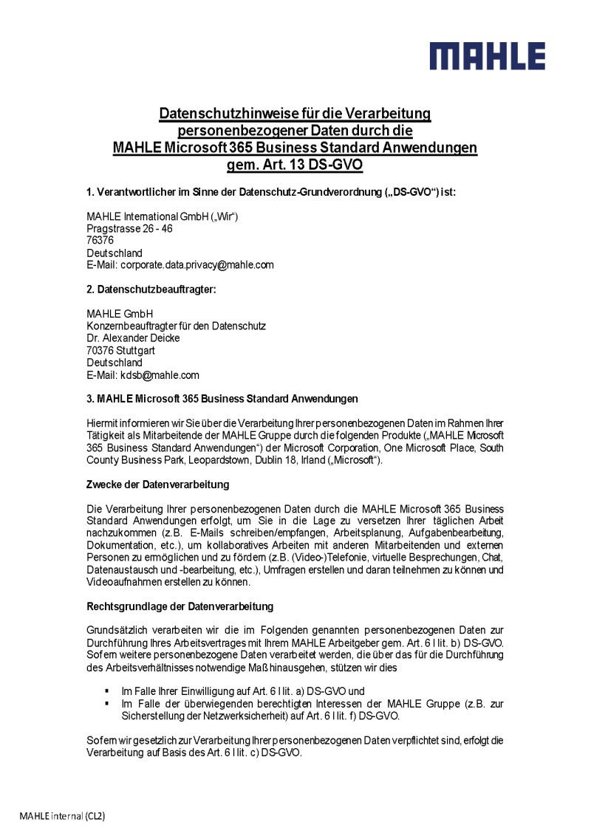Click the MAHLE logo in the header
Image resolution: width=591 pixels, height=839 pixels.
point(488,56)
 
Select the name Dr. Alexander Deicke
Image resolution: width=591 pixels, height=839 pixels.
point(133,338)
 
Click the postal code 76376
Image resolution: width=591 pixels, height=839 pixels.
point(100,240)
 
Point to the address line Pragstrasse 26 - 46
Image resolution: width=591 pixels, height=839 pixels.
point(129,228)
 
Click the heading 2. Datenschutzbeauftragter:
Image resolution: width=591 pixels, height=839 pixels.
point(151,290)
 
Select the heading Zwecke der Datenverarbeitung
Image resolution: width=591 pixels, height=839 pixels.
point(158,484)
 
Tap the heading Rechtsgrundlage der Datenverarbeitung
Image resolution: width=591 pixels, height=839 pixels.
point(180,606)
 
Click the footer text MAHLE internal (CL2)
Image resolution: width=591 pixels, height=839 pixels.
point(62,816)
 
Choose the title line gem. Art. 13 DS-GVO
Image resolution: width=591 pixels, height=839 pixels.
point(295,165)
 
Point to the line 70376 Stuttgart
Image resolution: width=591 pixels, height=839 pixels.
point(120,350)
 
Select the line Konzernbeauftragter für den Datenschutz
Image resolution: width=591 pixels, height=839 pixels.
point(176,326)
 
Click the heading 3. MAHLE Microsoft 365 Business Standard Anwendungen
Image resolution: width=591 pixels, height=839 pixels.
point(222,399)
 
